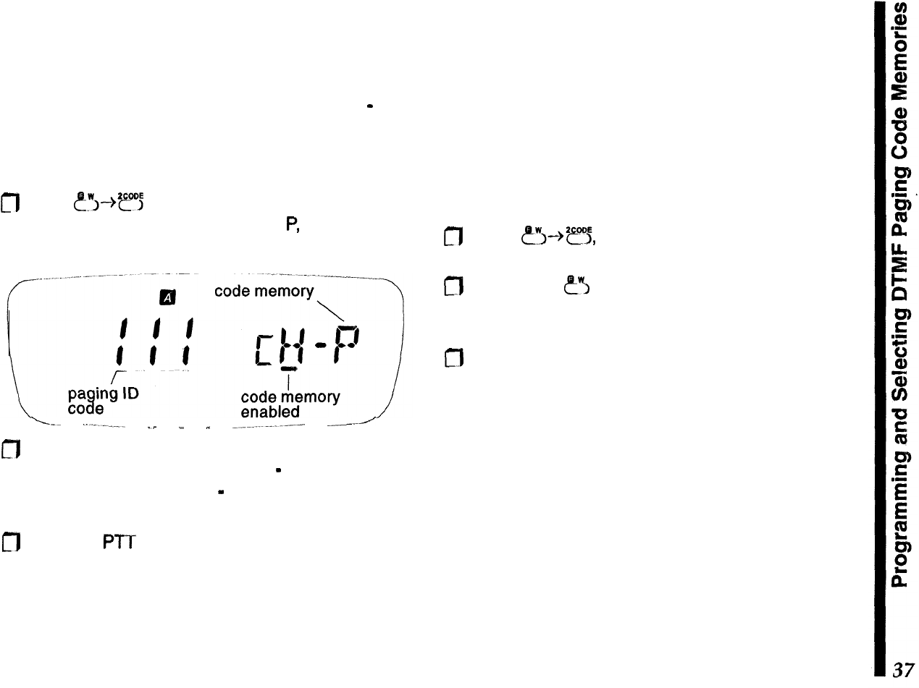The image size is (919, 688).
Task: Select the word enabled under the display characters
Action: (x=270, y=412)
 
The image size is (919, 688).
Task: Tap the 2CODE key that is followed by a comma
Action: (x=577, y=234)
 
